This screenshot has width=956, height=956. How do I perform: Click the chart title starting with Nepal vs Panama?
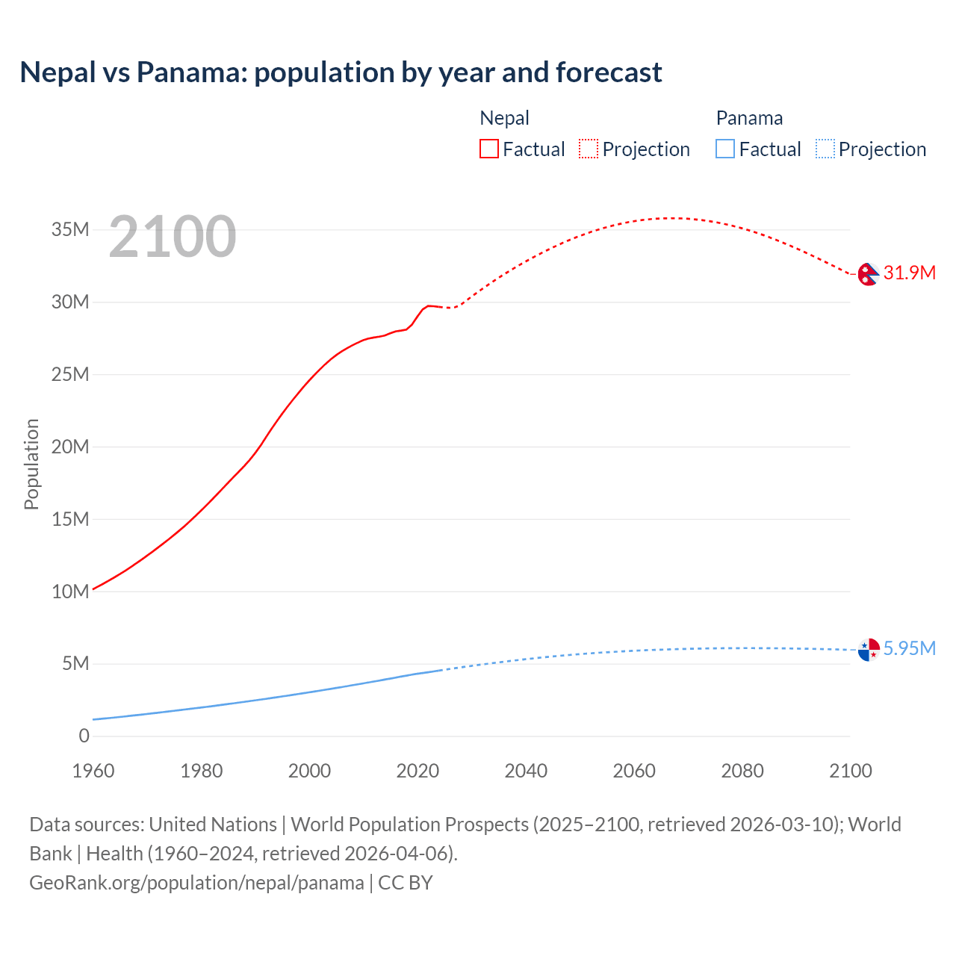coord(341,72)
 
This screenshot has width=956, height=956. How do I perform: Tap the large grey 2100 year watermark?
coord(173,237)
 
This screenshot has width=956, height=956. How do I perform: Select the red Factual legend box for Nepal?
coord(488,149)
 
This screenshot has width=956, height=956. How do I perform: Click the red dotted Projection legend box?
coord(589,149)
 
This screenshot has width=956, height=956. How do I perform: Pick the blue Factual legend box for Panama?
coord(725,149)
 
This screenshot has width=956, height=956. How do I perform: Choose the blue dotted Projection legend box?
coord(825,149)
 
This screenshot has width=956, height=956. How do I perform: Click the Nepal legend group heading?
coord(504,118)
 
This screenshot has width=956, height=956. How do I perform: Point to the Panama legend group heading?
coord(749,118)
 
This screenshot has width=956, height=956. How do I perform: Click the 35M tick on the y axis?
coord(70,229)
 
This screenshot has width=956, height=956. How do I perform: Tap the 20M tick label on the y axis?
coord(70,447)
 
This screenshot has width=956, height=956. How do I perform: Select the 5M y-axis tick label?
coord(75,663)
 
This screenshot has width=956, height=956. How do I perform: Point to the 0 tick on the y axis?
coord(84,736)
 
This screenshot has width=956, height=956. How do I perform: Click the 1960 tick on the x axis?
coord(93,771)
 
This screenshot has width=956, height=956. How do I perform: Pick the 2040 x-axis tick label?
coord(526,771)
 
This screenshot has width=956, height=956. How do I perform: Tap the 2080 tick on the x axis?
coord(742,771)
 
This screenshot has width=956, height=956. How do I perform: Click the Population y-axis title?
coord(31,464)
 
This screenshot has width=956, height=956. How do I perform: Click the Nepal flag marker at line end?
coord(868,274)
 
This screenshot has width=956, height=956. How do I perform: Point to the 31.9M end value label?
coord(909,273)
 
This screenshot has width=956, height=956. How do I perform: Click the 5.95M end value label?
coord(909,648)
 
